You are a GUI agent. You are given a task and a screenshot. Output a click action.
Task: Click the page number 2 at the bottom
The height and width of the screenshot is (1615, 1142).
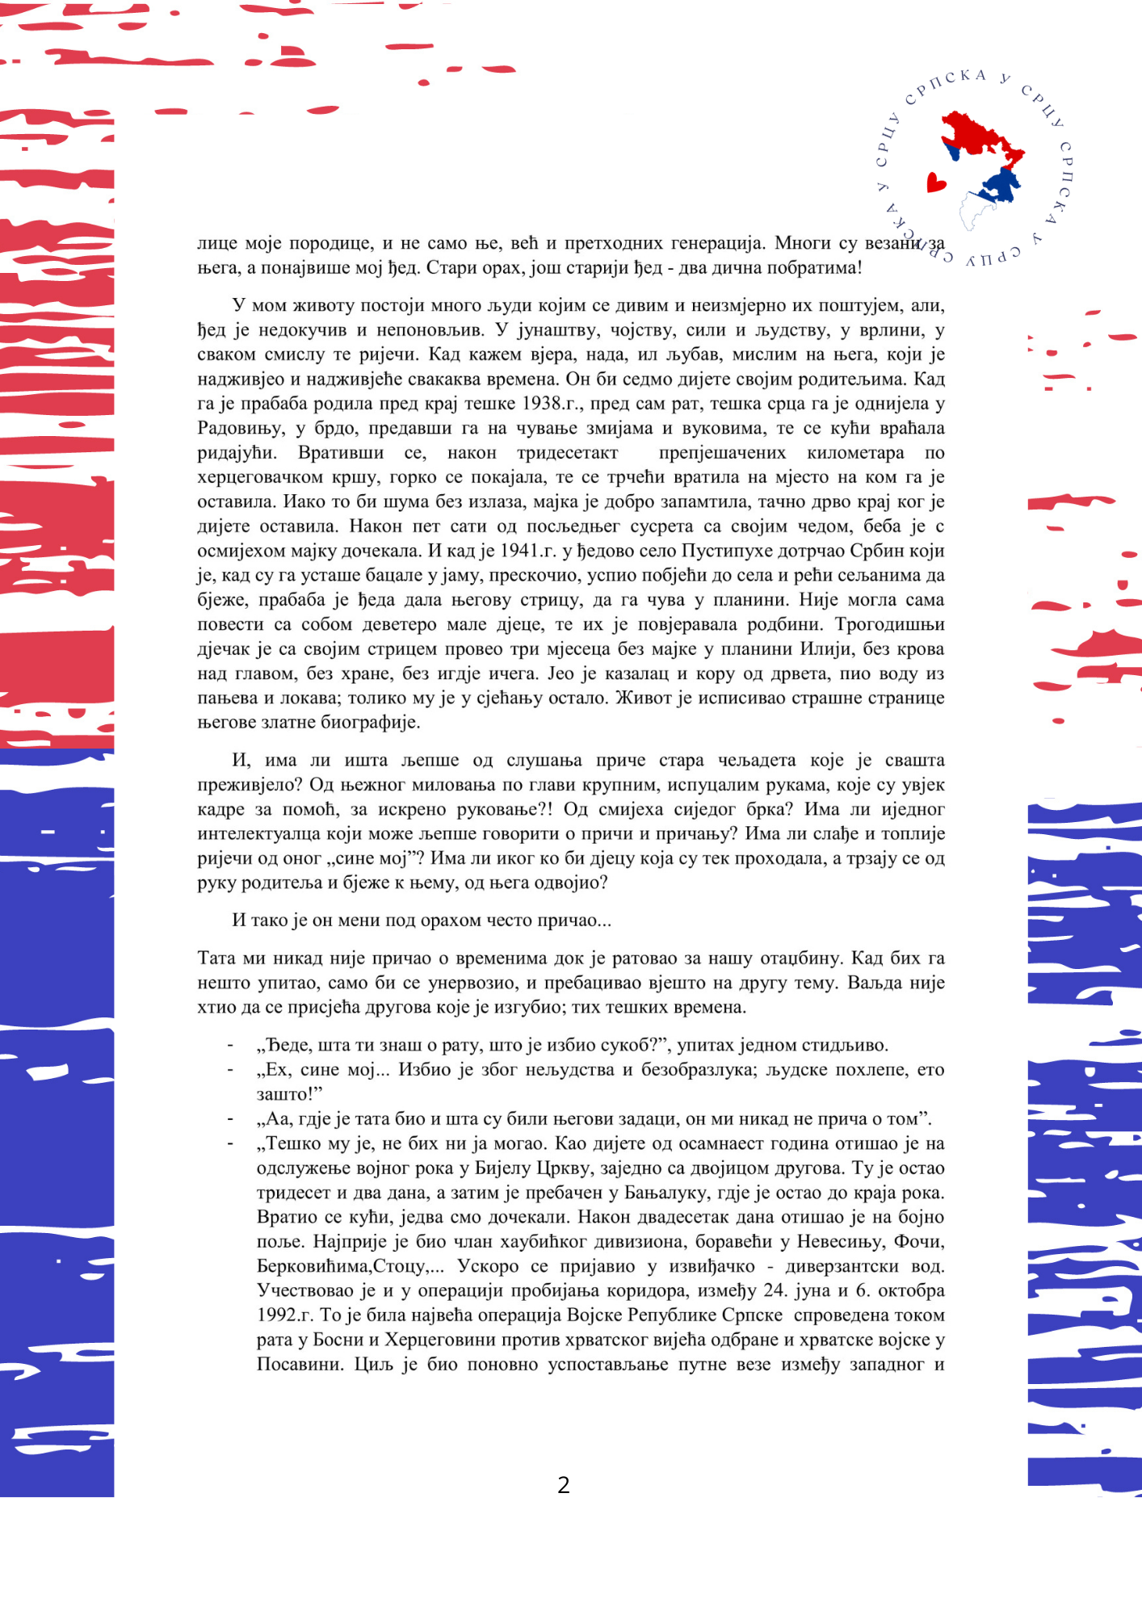[x=564, y=1484]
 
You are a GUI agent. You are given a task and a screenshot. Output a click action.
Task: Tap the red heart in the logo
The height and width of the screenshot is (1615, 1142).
[x=936, y=182]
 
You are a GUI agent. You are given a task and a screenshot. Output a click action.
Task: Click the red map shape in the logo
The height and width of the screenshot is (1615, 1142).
[x=980, y=137]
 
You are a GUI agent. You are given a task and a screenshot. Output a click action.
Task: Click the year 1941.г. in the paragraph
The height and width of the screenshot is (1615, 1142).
[x=530, y=551]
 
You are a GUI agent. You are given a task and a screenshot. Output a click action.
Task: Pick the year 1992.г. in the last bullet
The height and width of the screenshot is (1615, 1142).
[x=285, y=1315]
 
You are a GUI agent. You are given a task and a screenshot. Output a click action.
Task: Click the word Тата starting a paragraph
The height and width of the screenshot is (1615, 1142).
[x=216, y=959]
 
